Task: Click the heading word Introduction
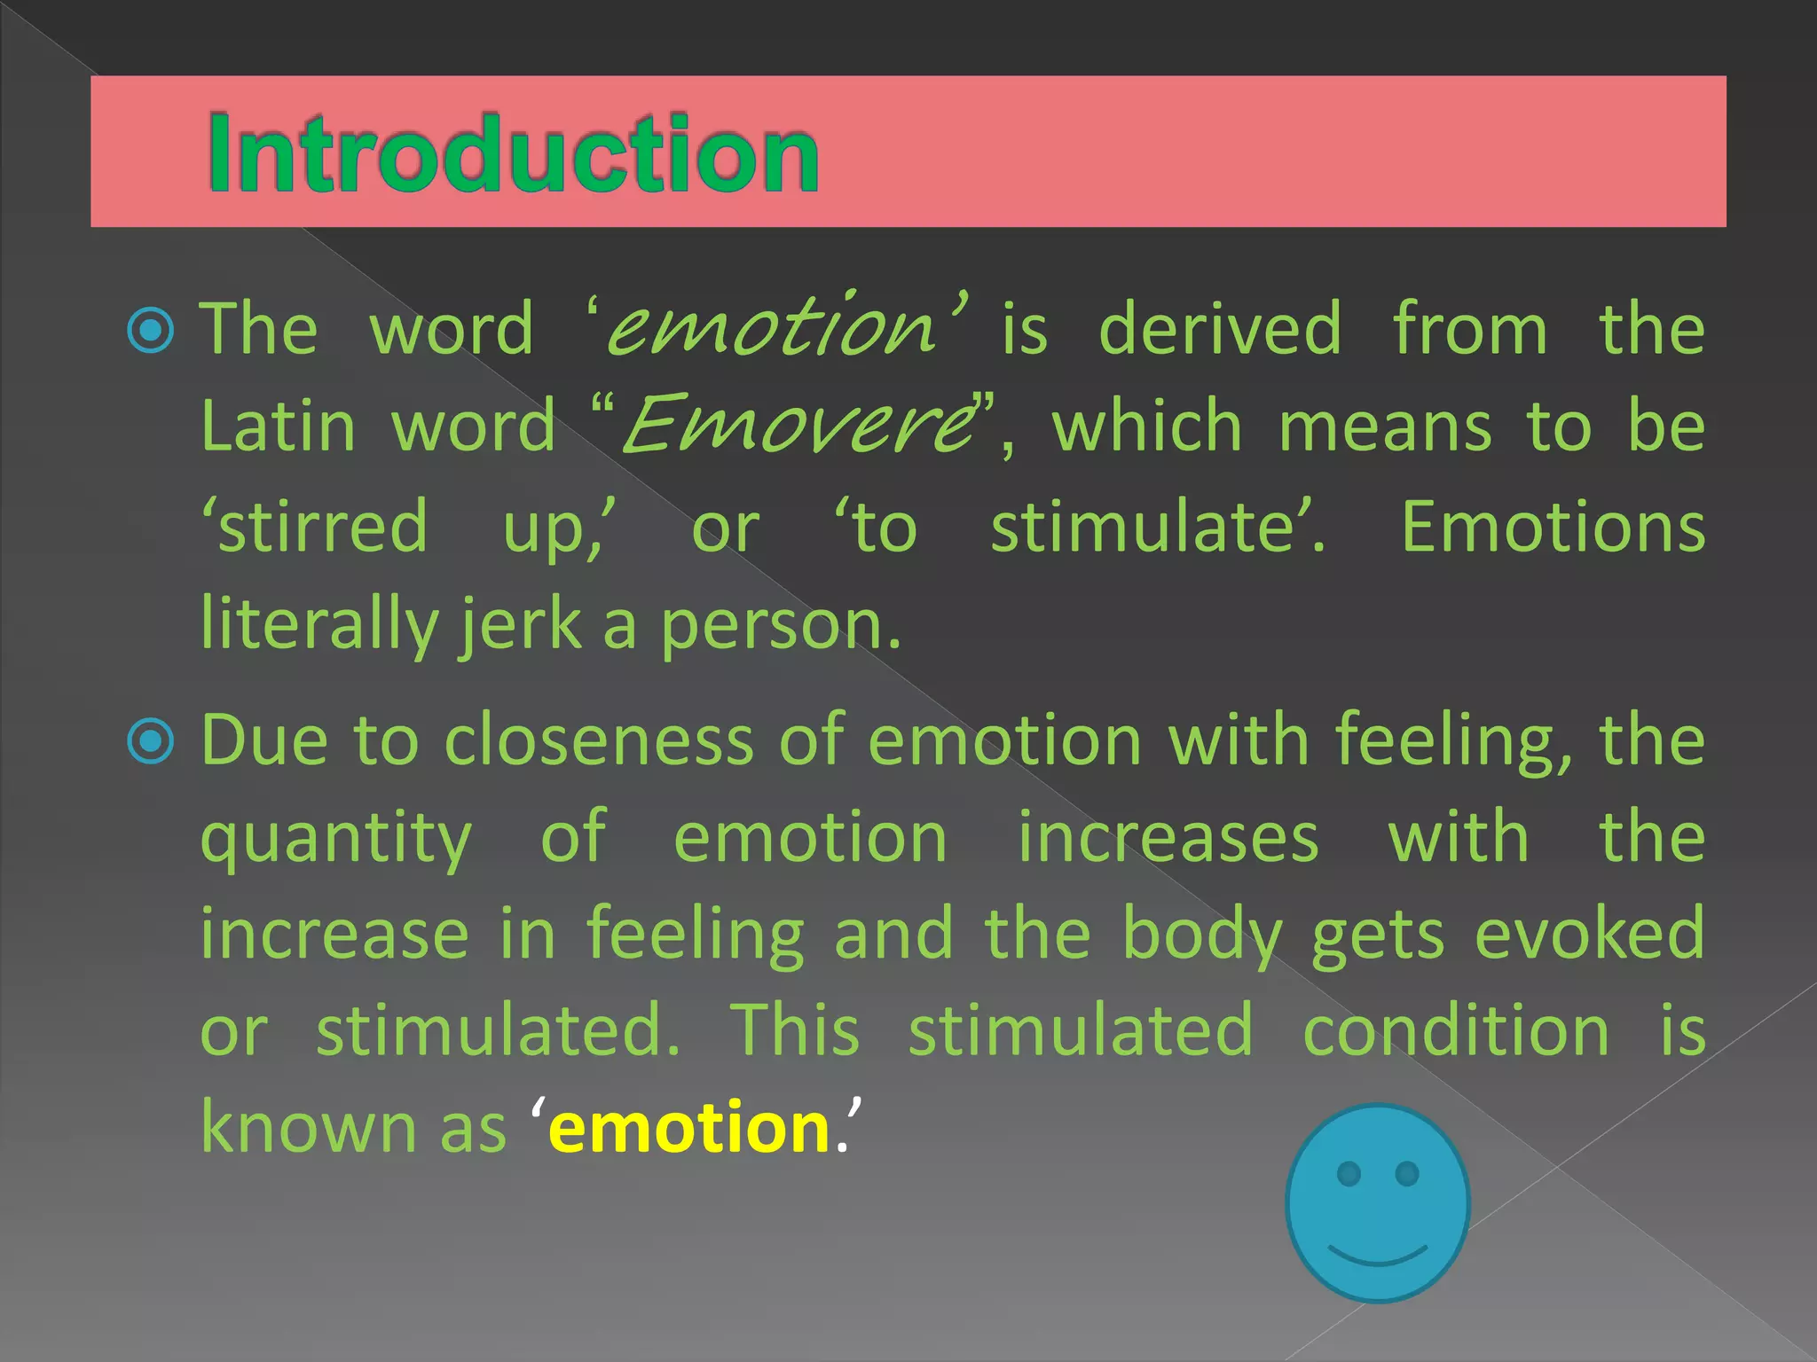tap(513, 154)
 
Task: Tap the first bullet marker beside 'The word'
tap(151, 331)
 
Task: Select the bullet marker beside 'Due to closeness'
tap(151, 740)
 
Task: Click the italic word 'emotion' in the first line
tap(772, 328)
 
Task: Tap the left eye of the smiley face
tap(1349, 1174)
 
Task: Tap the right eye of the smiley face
tap(1407, 1174)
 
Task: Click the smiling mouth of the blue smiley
tap(1378, 1254)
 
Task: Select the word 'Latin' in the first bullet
tap(279, 427)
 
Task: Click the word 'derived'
tap(1220, 329)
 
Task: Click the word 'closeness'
tap(599, 740)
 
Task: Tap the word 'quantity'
tap(336, 840)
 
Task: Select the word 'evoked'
tap(1590, 934)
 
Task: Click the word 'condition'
tap(1456, 1030)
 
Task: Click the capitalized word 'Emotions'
tap(1553, 527)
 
